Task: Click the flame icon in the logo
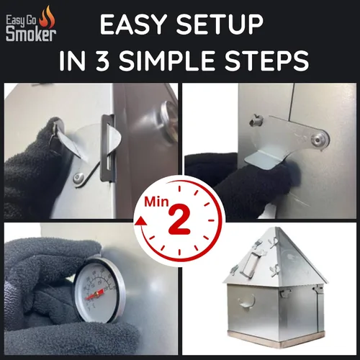click(47, 17)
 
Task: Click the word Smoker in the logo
click(31, 35)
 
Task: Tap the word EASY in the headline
click(134, 24)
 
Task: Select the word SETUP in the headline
click(220, 24)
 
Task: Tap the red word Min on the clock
click(156, 202)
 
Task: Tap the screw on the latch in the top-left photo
click(78, 179)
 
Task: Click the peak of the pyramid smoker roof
click(276, 228)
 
